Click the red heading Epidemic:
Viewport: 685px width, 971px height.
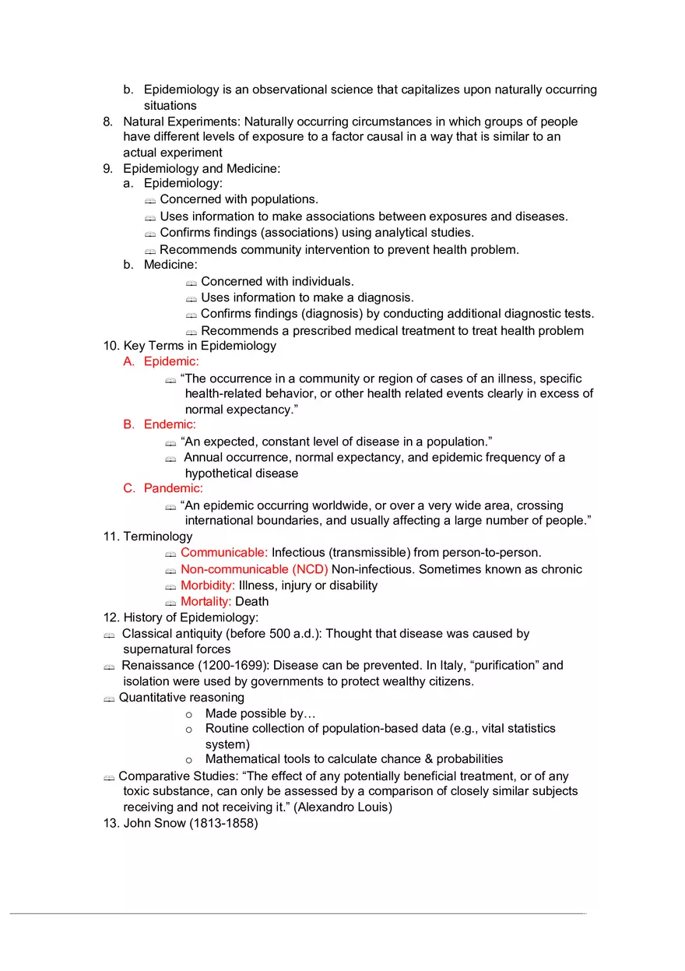[x=171, y=361]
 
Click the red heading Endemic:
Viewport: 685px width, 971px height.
[x=170, y=424]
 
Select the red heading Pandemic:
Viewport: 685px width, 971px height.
[x=173, y=488]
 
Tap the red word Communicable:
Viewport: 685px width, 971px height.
[x=224, y=552]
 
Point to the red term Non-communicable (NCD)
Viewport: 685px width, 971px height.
[x=255, y=569]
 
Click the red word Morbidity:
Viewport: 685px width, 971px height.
[x=208, y=585]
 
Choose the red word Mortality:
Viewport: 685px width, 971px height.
[x=206, y=601]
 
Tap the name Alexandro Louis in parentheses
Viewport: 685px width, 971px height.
[x=342, y=807]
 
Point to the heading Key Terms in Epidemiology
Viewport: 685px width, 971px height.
[x=199, y=346]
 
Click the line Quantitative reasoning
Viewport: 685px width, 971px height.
[x=181, y=697]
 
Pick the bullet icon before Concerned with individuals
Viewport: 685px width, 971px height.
[x=191, y=283]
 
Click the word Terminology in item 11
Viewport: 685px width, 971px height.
[x=157, y=537]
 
